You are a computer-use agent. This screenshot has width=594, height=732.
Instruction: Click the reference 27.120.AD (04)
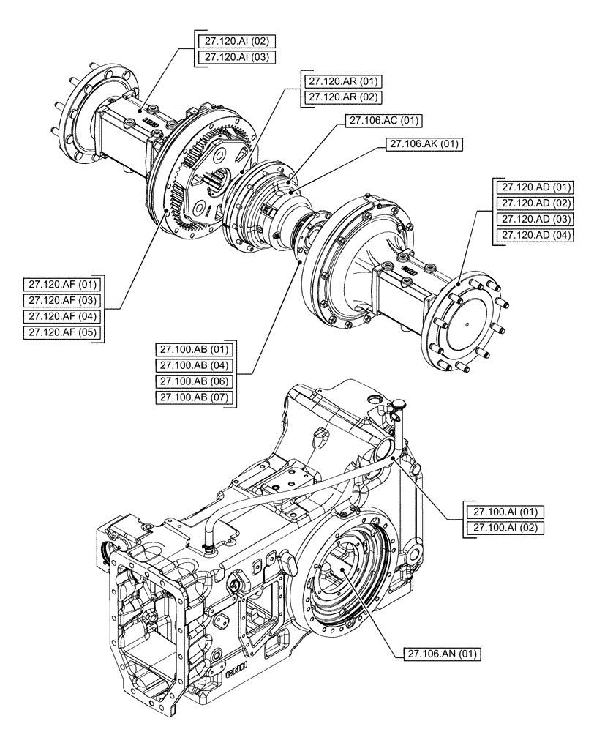[x=534, y=235]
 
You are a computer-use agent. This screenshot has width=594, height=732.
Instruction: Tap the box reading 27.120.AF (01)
[x=64, y=284]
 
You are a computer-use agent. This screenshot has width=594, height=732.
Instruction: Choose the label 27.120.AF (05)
[x=64, y=333]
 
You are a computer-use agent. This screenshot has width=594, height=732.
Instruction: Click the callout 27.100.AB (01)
[x=192, y=348]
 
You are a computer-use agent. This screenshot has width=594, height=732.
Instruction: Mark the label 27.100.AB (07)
[x=192, y=397]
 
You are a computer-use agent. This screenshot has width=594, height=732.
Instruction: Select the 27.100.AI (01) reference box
[x=503, y=511]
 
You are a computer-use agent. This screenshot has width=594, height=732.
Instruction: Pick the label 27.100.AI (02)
[x=503, y=527]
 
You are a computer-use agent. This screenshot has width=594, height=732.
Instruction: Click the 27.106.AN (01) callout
[x=441, y=654]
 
